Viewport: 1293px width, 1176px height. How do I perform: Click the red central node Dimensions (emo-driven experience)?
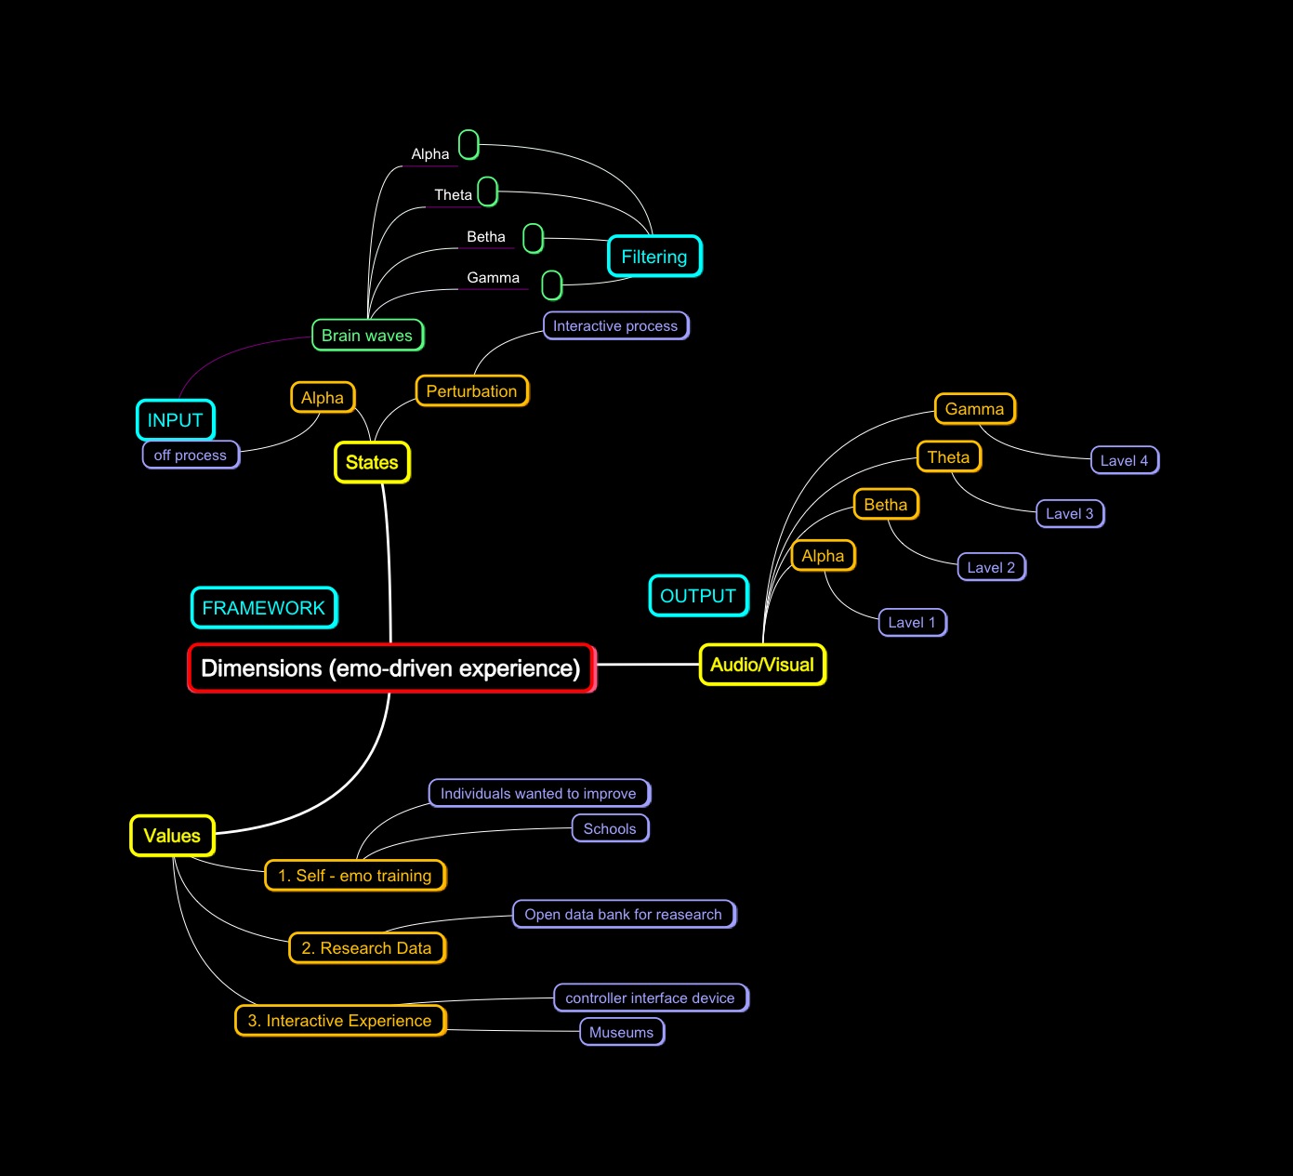point(391,668)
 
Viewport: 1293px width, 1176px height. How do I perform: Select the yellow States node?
point(372,462)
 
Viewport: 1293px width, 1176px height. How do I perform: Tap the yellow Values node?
point(172,836)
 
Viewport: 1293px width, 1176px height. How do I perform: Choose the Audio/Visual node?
point(762,665)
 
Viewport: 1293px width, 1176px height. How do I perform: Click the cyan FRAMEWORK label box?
point(264,608)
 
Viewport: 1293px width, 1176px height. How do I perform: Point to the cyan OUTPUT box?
point(698,596)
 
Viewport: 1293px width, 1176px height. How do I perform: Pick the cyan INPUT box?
point(175,420)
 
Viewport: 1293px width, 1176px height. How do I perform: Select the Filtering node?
point(654,257)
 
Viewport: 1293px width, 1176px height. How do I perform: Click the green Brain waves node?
point(367,336)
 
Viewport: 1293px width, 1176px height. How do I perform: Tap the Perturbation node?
point(471,391)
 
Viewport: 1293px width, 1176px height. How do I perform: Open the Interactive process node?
point(615,325)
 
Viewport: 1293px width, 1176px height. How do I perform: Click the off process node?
point(191,455)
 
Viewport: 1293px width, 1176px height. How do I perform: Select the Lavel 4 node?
point(1124,460)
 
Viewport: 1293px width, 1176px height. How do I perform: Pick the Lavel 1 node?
point(912,622)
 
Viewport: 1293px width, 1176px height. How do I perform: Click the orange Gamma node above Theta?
point(974,409)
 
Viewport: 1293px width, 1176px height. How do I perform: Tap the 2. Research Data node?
point(367,948)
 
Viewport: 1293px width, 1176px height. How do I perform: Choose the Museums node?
point(622,1032)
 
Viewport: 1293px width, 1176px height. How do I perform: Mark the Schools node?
point(610,828)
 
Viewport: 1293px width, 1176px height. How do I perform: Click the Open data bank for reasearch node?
point(624,914)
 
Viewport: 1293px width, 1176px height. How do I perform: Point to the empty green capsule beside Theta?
point(488,192)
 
